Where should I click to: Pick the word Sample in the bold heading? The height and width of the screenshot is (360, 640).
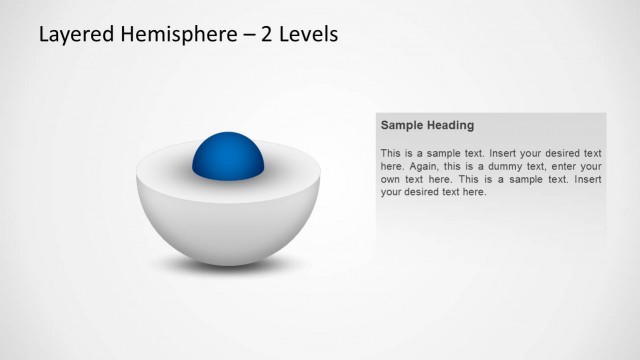click(402, 126)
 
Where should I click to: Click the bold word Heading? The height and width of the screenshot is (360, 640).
click(450, 126)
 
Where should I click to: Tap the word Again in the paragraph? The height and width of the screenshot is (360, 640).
click(424, 166)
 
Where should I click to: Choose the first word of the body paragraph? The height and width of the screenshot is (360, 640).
click(391, 153)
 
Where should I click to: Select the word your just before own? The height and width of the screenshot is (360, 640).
click(590, 166)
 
